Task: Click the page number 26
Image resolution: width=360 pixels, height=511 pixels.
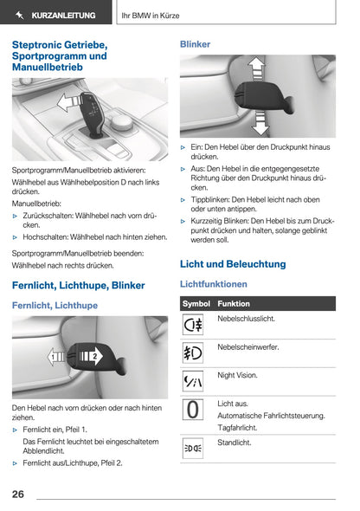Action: click(18, 494)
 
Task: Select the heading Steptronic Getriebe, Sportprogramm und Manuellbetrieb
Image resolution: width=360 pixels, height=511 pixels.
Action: click(60, 55)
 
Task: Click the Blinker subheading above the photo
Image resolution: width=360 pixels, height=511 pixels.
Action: click(195, 43)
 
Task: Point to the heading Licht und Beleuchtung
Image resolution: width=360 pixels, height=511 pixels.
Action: click(232, 263)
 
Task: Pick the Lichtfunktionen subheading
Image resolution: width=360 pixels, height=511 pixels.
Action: click(213, 284)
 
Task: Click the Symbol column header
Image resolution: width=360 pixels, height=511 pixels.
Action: click(196, 304)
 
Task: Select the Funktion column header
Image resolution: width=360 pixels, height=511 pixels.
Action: click(234, 304)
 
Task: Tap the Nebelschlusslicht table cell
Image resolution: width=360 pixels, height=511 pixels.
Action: click(247, 319)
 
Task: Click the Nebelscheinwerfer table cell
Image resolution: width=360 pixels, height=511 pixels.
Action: click(248, 346)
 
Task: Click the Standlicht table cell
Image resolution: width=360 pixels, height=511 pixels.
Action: click(235, 443)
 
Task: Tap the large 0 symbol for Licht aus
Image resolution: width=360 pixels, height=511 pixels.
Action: click(193, 409)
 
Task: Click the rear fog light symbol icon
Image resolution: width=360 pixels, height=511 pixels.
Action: click(193, 326)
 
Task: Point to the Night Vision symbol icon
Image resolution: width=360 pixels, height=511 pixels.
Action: click(193, 381)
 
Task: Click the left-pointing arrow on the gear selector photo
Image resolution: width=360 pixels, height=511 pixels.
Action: click(64, 105)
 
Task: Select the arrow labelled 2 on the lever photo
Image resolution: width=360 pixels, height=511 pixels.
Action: click(90, 356)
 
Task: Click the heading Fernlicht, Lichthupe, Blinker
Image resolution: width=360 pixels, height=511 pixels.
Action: click(78, 285)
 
